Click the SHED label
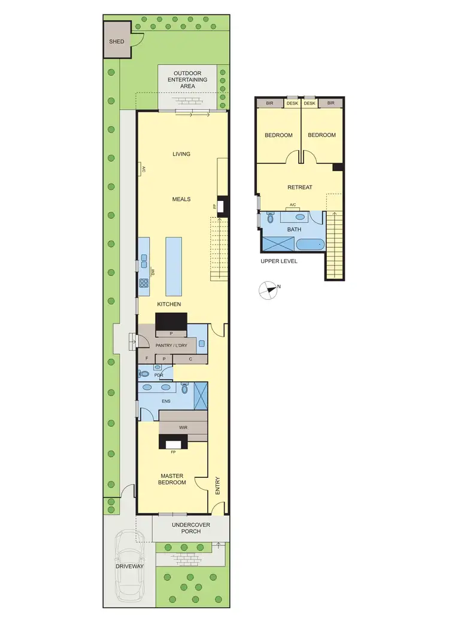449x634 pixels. coord(116,42)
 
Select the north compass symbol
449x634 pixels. coord(269,290)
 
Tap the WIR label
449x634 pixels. coord(183,428)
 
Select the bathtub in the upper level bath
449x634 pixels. coord(310,244)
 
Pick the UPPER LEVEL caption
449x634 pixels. coord(278,261)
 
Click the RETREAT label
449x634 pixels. coord(300,187)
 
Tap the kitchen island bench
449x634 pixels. coord(173,266)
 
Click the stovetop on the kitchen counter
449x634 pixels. coord(144,284)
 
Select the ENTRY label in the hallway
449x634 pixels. coord(217,484)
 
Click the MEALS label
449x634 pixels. coord(181,199)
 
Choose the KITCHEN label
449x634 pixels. coord(169,304)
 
